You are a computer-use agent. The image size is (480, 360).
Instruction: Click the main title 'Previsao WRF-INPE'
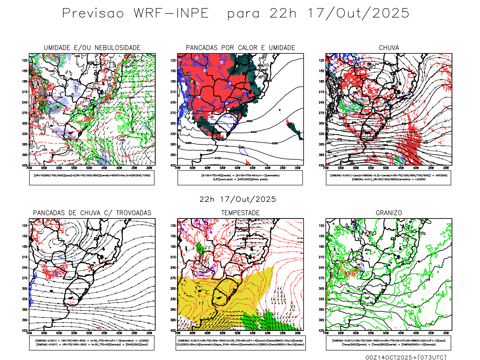point(135,13)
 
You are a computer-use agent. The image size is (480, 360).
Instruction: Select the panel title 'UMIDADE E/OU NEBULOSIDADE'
point(92,48)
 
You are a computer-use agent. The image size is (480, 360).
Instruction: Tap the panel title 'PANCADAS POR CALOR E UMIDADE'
point(240,48)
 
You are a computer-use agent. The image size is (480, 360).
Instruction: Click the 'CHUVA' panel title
point(389,48)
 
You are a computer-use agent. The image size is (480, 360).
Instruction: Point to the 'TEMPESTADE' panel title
point(240,213)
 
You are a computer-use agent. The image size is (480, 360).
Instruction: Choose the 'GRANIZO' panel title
point(389,213)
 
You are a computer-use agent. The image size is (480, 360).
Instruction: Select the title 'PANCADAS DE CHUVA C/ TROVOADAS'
point(92,213)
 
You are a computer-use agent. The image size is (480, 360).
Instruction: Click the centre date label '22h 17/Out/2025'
point(238,199)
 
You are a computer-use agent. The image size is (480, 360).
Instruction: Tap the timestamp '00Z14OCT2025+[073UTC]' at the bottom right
point(406,357)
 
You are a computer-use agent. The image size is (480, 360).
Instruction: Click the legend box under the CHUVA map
point(388,178)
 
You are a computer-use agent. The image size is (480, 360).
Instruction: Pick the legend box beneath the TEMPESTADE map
point(241,343)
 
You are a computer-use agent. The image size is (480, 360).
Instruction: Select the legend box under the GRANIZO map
point(388,343)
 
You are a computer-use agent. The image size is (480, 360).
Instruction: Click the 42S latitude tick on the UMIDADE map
point(25,165)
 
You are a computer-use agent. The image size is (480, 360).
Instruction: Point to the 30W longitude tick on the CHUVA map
point(446,168)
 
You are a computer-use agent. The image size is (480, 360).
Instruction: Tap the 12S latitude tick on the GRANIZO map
point(322,226)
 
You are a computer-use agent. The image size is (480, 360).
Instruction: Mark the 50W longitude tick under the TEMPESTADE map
point(238,333)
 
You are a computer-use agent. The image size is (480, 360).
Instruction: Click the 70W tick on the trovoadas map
point(29,333)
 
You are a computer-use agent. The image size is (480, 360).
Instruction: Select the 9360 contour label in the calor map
point(275,143)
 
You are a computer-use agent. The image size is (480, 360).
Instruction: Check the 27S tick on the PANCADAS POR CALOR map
point(173,113)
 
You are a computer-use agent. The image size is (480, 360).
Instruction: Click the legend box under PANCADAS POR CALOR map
point(240,178)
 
